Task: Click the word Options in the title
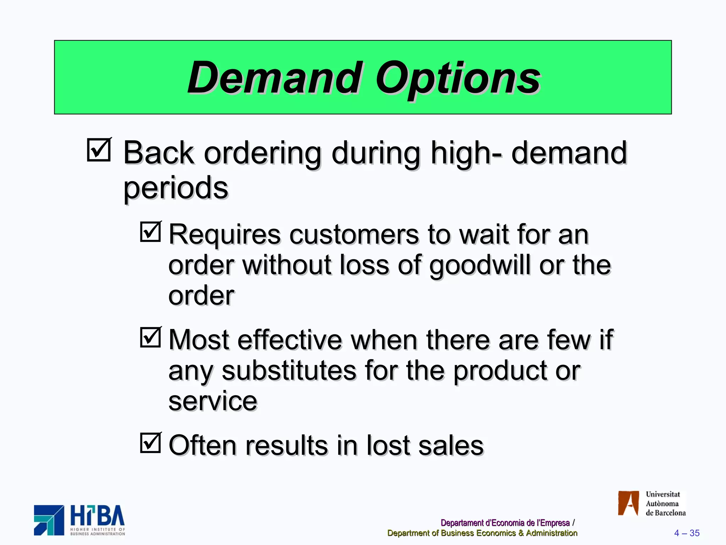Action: (458, 79)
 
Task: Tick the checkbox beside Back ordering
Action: (99, 150)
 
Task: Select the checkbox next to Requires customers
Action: (150, 232)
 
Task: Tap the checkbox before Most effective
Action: (150, 337)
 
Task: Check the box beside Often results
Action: (150, 442)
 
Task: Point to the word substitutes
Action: (289, 371)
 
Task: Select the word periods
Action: (176, 188)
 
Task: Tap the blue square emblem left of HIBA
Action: (49, 520)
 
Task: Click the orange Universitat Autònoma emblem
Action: (628, 503)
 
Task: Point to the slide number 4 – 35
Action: (687, 533)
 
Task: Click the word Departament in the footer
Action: (462, 523)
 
